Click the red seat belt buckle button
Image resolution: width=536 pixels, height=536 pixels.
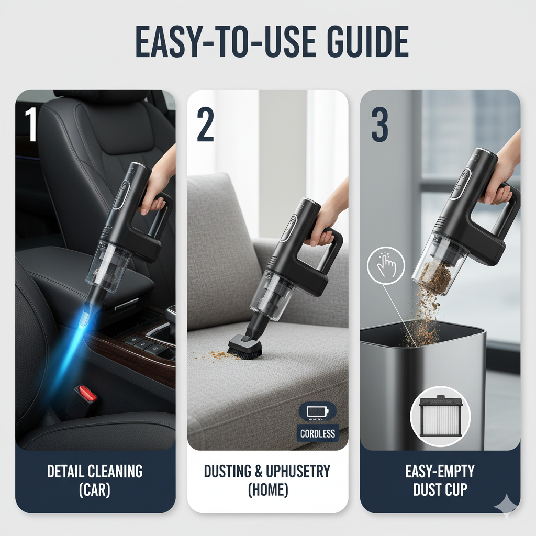(87, 393)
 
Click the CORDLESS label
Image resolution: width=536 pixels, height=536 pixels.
(318, 433)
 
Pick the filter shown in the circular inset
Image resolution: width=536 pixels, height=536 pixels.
(440, 416)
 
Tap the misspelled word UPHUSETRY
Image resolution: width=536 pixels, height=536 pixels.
(298, 472)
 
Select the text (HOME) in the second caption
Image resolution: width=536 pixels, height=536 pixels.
(268, 489)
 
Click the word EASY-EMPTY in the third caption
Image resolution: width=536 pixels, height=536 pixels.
(440, 472)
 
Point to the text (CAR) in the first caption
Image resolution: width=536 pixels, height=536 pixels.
(95, 489)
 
